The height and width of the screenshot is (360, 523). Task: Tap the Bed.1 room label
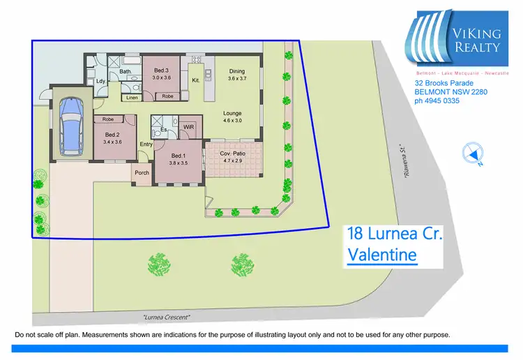179,156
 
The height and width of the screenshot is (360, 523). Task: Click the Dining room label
237,71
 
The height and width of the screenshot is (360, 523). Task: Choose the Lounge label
232,113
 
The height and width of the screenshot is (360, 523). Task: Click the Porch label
142,172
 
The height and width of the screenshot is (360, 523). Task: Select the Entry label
146,144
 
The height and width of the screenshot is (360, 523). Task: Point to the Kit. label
196,80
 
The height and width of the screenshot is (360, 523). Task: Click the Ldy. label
100,80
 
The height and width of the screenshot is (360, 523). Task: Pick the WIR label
188,128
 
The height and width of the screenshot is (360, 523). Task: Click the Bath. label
126,71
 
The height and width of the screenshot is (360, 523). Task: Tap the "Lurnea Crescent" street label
166,317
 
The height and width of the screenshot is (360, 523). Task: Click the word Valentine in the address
381,255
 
